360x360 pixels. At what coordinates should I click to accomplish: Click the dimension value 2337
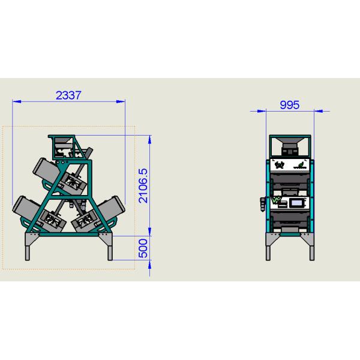(x=68, y=95)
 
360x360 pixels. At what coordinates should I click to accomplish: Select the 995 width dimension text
(x=290, y=105)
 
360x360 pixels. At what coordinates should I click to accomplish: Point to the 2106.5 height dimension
(x=143, y=186)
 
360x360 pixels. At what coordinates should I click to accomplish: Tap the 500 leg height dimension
(x=143, y=248)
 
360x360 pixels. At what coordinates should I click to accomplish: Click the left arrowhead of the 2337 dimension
(x=17, y=101)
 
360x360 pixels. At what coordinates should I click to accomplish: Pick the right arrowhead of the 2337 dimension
(x=121, y=101)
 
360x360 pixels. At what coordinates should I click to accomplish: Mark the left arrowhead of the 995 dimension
(x=262, y=111)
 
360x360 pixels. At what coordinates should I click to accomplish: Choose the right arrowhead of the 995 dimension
(x=319, y=111)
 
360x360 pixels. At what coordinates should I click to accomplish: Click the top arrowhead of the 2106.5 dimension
(x=149, y=140)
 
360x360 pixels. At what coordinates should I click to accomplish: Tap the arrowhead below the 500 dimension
(x=149, y=265)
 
